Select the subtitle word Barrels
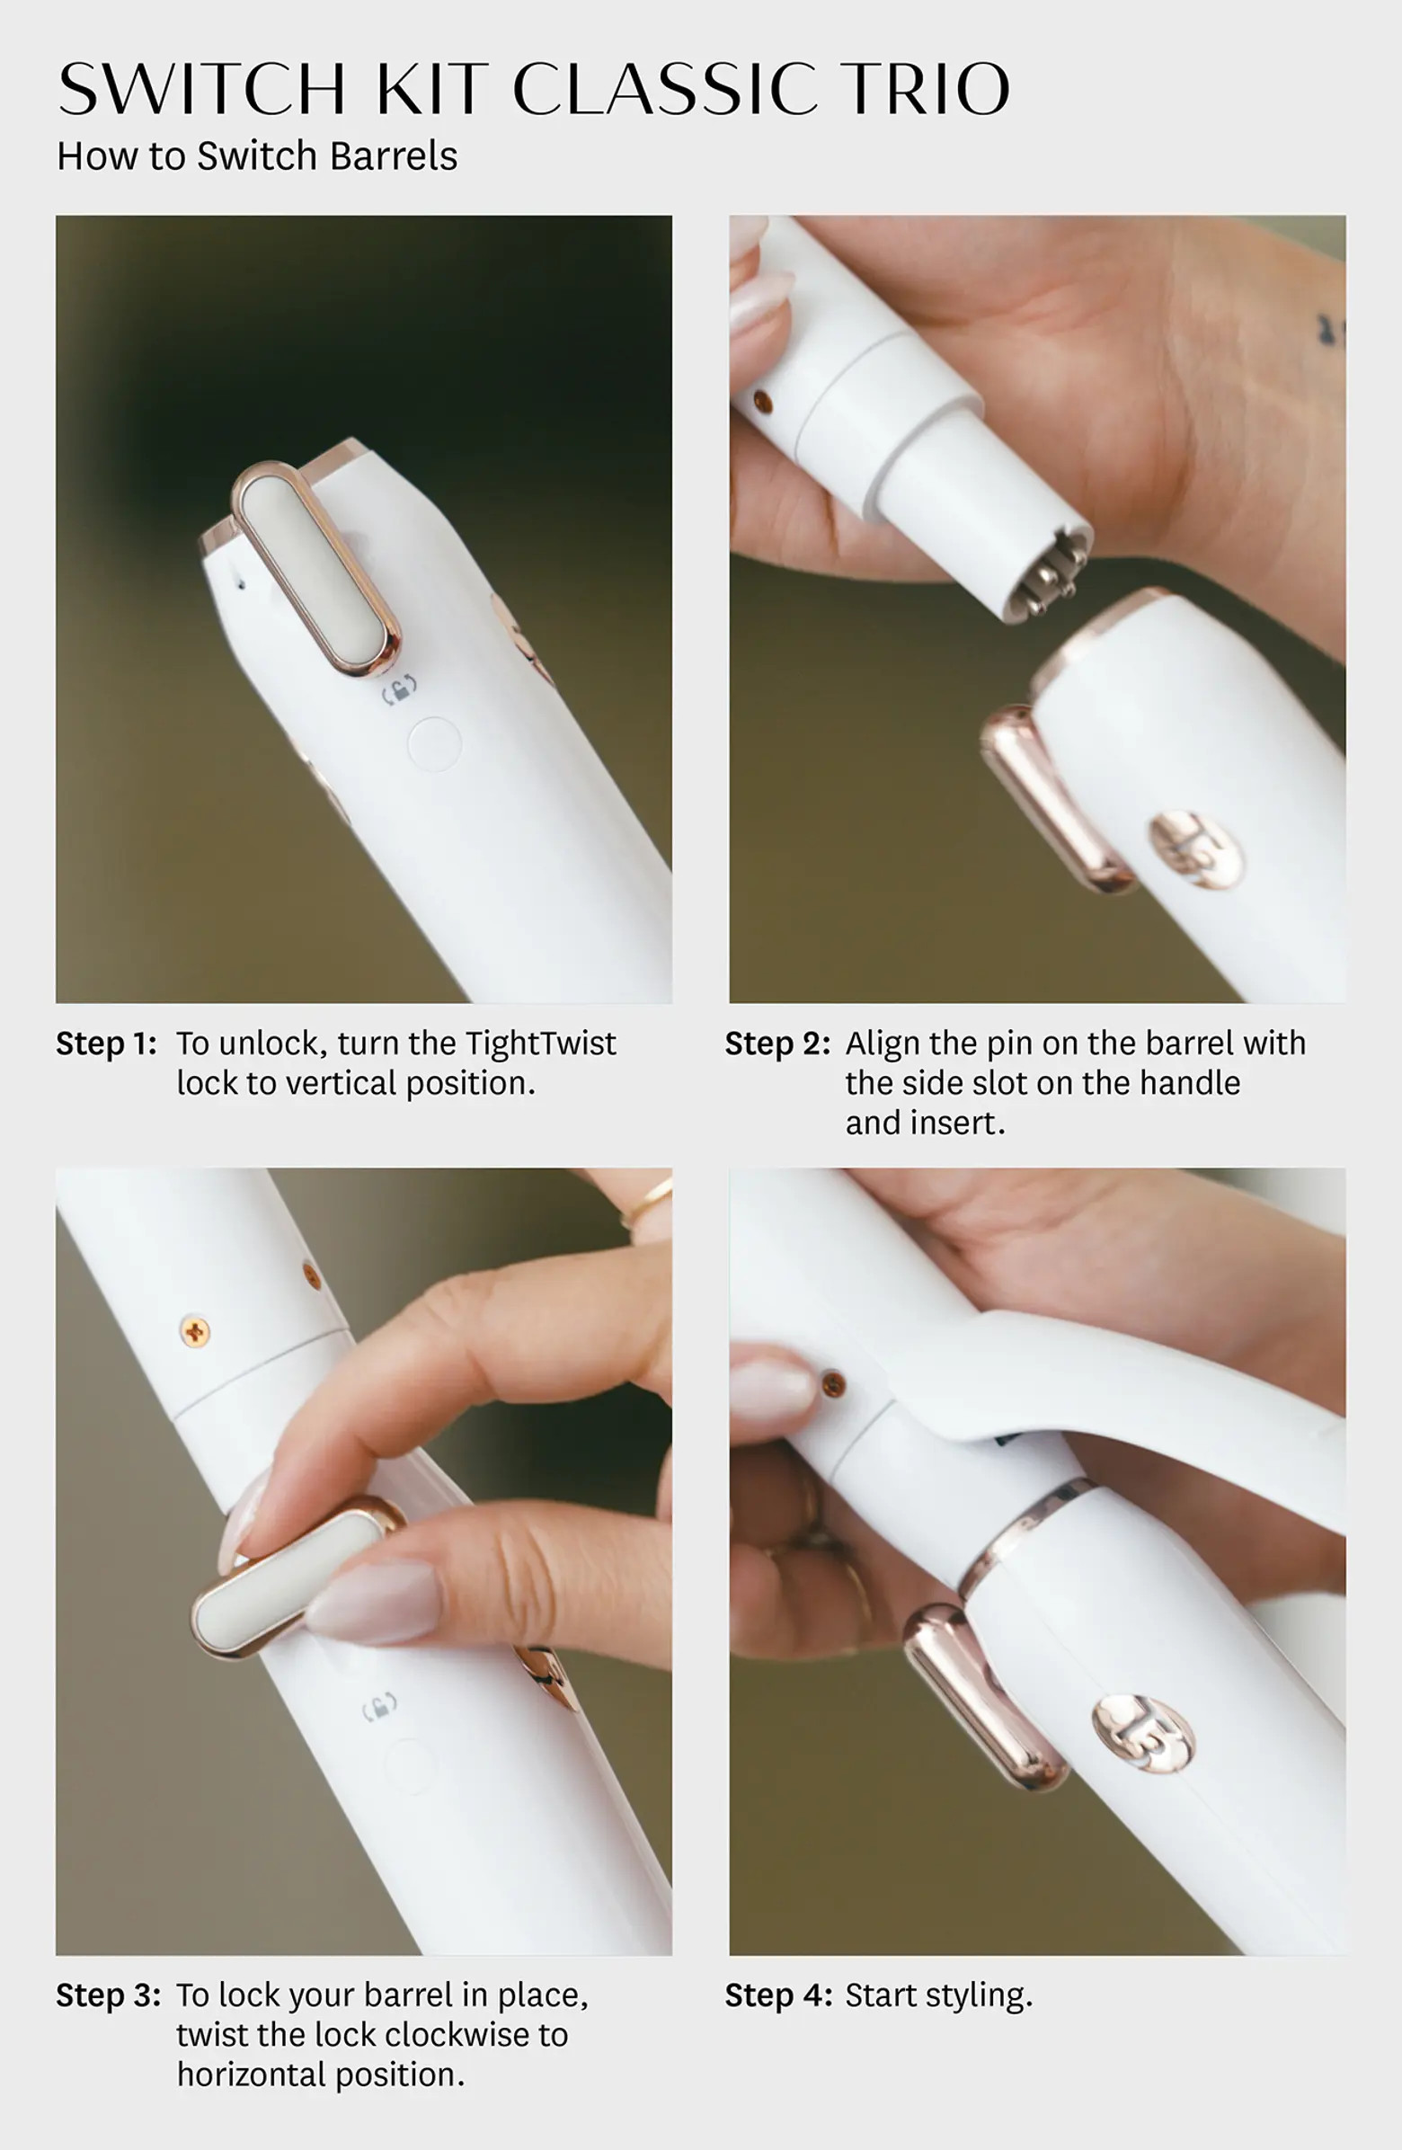[x=393, y=156]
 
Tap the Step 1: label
[x=107, y=1044]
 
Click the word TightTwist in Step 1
[x=540, y=1044]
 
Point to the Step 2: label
[x=776, y=1044]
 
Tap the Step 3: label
[x=109, y=1995]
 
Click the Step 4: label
[x=777, y=1995]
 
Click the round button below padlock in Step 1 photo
[x=434, y=744]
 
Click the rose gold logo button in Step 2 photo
[x=1194, y=849]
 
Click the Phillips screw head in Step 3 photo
[x=195, y=1331]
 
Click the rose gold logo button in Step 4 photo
[x=1143, y=1734]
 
